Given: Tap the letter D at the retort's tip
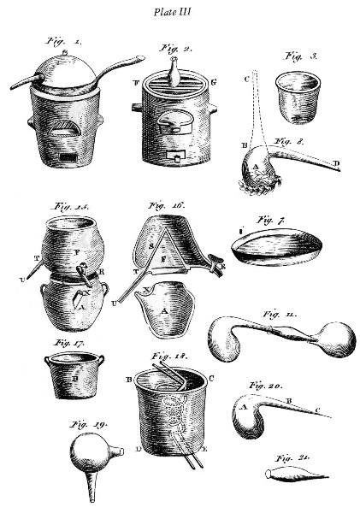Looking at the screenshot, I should point(339,162).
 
